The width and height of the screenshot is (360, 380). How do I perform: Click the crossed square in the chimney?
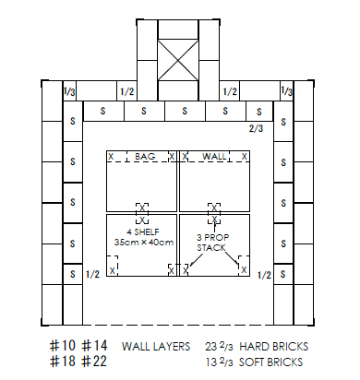[x=178, y=60]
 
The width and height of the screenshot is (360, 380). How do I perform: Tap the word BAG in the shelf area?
[x=145, y=156]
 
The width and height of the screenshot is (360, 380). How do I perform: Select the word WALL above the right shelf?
[x=214, y=156]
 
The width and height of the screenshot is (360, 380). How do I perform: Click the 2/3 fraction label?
[x=256, y=128]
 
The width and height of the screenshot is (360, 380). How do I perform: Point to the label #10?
[x=62, y=346]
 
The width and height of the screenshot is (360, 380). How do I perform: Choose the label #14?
[x=94, y=346]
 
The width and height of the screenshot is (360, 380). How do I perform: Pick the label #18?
[x=62, y=361]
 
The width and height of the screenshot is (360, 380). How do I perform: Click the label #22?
[x=94, y=361]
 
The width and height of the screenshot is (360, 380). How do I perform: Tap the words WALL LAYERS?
[x=156, y=347]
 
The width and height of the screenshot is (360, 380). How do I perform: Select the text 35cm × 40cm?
[x=144, y=243]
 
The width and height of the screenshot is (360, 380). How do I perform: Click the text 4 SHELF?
[x=143, y=232]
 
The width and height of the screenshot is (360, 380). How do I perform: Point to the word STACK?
[x=211, y=248]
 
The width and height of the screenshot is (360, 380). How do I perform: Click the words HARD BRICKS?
[x=273, y=347]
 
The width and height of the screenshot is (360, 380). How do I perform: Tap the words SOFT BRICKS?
[x=270, y=362]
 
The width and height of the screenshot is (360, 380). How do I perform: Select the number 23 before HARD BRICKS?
[x=211, y=347]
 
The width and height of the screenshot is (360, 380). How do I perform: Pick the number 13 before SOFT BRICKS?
[x=211, y=362]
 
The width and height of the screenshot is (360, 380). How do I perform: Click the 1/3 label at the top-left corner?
[x=69, y=91]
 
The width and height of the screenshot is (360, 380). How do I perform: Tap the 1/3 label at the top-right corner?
[x=286, y=91]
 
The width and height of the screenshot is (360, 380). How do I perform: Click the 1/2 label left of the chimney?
[x=127, y=91]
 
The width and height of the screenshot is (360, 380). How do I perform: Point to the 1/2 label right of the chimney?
[x=230, y=91]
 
